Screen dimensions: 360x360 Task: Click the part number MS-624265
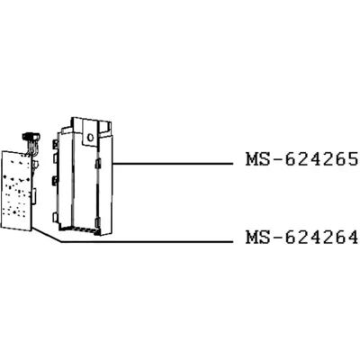301,159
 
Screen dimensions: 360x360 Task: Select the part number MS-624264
301,238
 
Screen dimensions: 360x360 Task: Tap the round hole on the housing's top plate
90,138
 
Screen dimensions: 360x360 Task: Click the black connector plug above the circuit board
30,136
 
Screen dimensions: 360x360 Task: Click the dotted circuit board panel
17,190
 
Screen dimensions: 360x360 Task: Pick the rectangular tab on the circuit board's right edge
34,194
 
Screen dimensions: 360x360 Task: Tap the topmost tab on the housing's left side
56,143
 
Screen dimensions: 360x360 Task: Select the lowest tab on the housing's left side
56,217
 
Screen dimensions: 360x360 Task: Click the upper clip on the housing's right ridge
97,164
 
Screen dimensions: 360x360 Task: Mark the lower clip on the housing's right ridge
97,222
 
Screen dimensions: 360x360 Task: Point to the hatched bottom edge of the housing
78,230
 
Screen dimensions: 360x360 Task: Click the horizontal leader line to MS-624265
173,164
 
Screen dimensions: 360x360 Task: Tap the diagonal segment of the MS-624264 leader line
47,235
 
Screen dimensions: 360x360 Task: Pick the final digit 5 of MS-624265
353,159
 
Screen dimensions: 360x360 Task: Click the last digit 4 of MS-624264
353,238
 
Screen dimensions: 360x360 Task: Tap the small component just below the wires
35,165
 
